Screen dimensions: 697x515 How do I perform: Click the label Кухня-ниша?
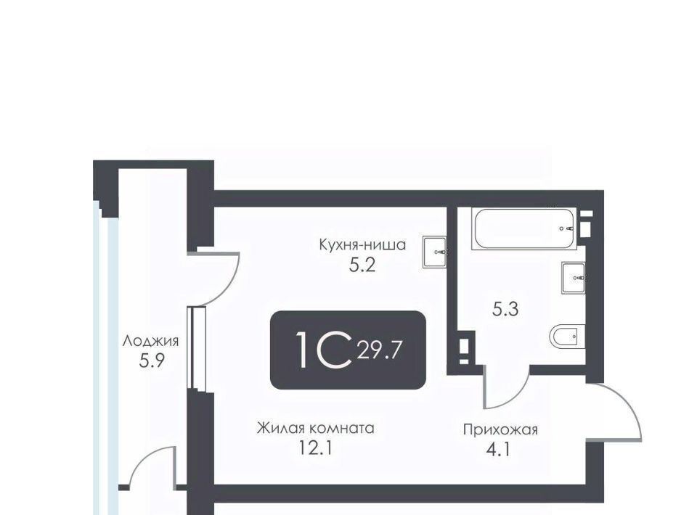(x=362, y=244)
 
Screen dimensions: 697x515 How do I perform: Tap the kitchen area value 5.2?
(x=362, y=265)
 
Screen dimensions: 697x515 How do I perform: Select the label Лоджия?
(x=151, y=342)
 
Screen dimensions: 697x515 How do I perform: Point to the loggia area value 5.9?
(x=152, y=361)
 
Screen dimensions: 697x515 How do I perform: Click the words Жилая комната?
(x=316, y=429)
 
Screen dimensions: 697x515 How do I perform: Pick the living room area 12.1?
(x=316, y=448)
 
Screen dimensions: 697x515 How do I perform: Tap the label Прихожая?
(x=500, y=429)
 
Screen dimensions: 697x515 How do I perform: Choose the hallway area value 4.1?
(x=498, y=450)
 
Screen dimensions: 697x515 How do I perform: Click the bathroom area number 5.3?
(x=505, y=308)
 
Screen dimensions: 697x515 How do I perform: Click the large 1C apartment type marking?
(x=324, y=350)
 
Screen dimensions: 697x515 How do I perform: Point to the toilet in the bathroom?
(x=568, y=337)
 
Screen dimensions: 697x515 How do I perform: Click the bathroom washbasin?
(x=574, y=278)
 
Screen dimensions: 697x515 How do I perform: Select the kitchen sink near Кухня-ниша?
(x=435, y=252)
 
